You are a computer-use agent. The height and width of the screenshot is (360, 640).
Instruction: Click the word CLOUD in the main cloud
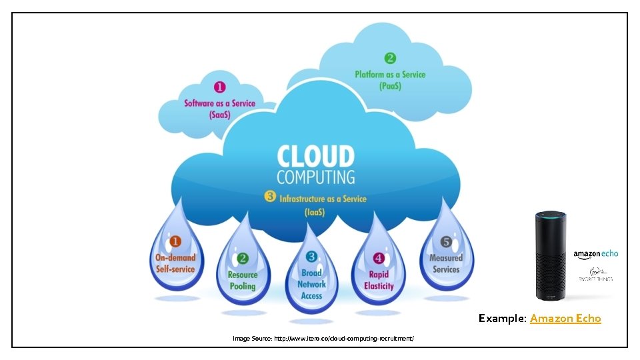click(x=315, y=157)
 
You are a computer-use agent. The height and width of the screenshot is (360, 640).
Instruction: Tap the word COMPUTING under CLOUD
click(x=315, y=177)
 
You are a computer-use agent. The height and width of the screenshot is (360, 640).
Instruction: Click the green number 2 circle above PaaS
click(x=390, y=59)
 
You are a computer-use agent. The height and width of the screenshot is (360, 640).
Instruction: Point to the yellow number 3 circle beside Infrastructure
click(x=270, y=197)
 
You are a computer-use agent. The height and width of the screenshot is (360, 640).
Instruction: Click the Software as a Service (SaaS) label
click(x=219, y=109)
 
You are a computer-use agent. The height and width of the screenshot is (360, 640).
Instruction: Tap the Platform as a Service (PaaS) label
click(x=390, y=80)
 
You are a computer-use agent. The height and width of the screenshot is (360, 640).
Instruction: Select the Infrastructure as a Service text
click(x=323, y=199)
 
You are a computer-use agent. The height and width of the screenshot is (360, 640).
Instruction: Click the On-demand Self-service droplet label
click(x=175, y=263)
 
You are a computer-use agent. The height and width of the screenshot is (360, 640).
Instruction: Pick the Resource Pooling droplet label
click(x=243, y=280)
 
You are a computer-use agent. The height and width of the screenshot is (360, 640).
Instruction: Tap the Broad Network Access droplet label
click(x=311, y=284)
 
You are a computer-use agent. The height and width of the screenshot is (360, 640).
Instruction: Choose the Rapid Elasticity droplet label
click(x=379, y=280)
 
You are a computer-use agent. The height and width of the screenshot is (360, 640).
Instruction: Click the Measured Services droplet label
click(x=446, y=263)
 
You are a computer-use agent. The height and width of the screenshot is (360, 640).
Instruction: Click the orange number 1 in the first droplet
click(x=175, y=241)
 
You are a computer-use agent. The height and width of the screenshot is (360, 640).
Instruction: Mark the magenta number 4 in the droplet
click(x=379, y=258)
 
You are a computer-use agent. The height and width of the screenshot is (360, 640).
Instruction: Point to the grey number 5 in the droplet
click(x=446, y=241)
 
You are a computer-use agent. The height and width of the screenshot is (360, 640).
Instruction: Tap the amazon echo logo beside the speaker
click(x=596, y=254)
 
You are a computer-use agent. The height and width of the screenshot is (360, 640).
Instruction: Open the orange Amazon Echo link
click(x=565, y=319)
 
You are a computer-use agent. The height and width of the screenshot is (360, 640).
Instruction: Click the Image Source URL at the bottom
click(x=323, y=339)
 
